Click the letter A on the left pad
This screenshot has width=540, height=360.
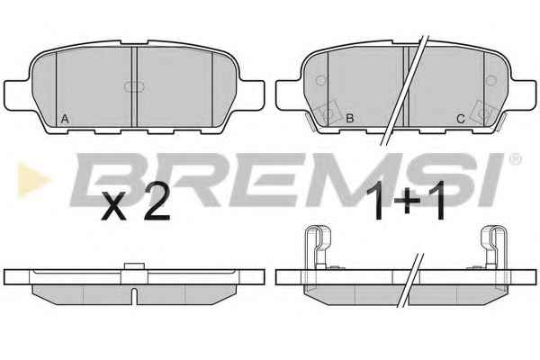(x=65, y=119)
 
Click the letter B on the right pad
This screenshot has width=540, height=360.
(x=349, y=119)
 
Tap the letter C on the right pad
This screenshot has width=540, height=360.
(x=461, y=119)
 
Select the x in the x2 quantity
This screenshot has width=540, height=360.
(x=114, y=207)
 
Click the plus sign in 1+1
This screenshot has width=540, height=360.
(x=407, y=201)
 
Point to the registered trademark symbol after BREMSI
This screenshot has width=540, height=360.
(x=516, y=159)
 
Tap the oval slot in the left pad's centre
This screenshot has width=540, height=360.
(x=134, y=86)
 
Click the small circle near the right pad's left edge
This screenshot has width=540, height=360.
(x=321, y=80)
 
